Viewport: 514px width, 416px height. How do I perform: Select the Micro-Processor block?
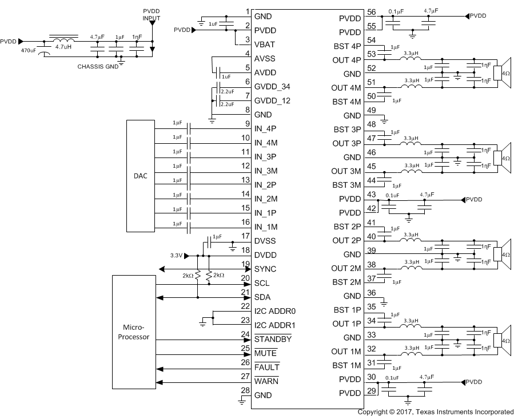136,332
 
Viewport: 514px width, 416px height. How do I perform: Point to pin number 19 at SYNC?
246,264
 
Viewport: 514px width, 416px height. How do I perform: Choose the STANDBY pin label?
273,340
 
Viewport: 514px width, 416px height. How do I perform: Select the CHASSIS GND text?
97,66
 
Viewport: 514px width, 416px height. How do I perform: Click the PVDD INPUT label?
152,14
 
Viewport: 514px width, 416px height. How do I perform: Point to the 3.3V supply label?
176,256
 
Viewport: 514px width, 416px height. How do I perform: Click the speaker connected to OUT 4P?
504,74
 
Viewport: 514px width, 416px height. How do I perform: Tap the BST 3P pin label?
347,129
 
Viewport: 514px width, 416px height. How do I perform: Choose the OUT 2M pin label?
346,268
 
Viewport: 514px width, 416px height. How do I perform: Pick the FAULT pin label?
266,367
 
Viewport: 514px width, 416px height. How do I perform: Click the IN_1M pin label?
265,227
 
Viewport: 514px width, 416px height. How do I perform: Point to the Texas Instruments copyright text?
435,411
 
